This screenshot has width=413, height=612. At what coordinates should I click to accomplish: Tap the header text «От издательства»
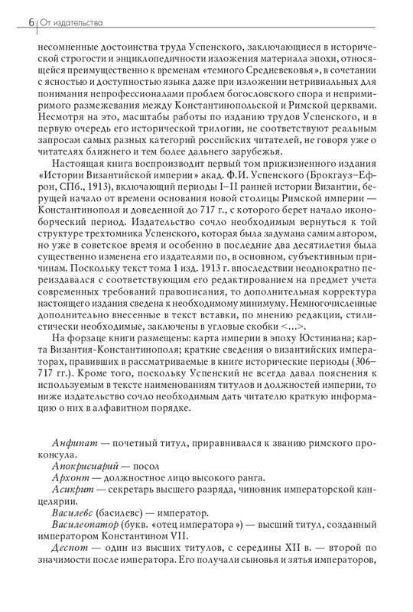(71, 22)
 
